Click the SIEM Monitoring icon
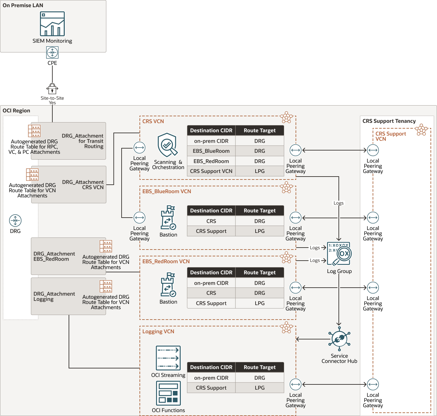pyautogui.click(x=52, y=24)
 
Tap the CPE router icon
pyautogui.click(x=52, y=52)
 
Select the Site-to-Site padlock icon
pyautogui.click(x=52, y=89)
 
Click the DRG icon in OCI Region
pyautogui.click(x=15, y=221)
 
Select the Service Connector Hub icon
pyautogui.click(x=339, y=339)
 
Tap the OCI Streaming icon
pyautogui.click(x=168, y=358)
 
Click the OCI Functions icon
pyautogui.click(x=168, y=393)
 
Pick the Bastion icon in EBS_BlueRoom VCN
pyautogui.click(x=168, y=218)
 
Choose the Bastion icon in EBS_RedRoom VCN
pyautogui.click(x=168, y=285)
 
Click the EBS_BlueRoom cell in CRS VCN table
pyautogui.click(x=211, y=151)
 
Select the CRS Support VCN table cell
pyautogui.click(x=211, y=171)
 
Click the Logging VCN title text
pyautogui.click(x=158, y=332)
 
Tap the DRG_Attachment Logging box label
pyautogui.click(x=54, y=296)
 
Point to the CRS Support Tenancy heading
pyautogui.click(x=389, y=121)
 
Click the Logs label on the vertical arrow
pyautogui.click(x=338, y=203)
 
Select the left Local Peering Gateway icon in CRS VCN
pyautogui.click(x=139, y=148)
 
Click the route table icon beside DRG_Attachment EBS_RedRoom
pyautogui.click(x=106, y=247)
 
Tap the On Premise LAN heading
pyautogui.click(x=23, y=6)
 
